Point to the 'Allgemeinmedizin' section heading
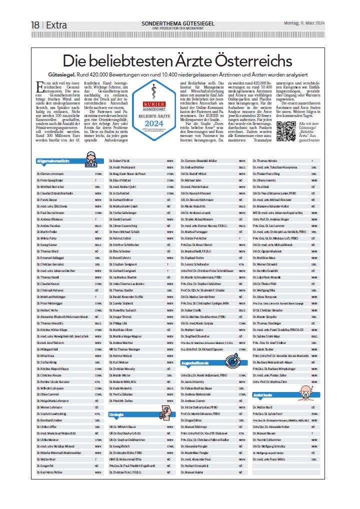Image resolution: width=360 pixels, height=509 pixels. pyautogui.click(x=55, y=161)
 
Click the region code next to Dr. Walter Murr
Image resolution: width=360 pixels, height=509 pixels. pyautogui.click(x=95, y=458)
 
